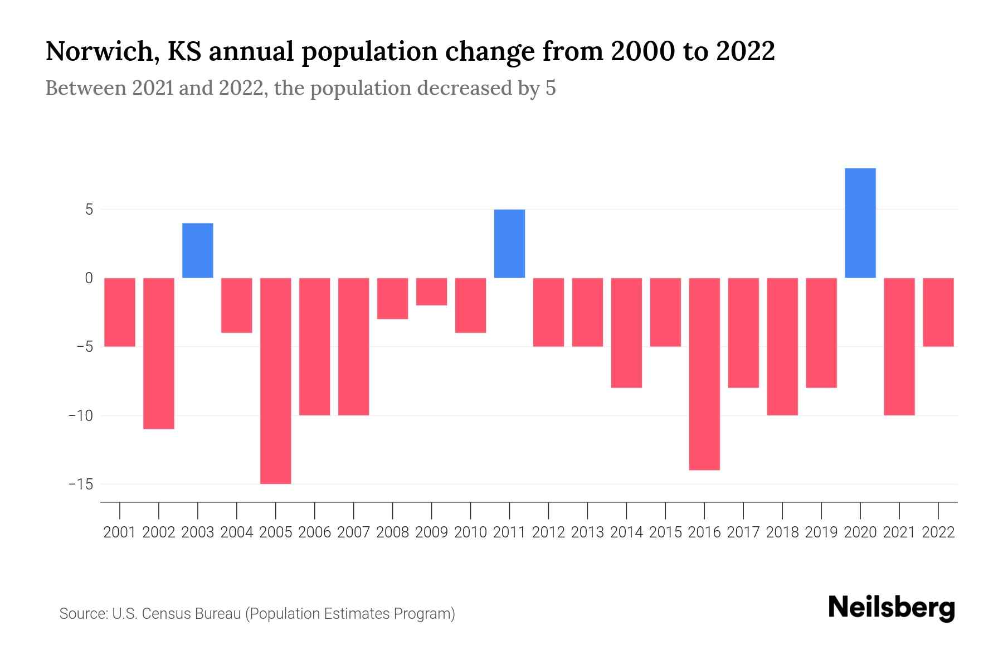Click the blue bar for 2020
(x=860, y=223)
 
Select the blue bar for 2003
(x=198, y=250)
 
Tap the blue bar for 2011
(x=509, y=244)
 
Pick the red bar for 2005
(x=276, y=381)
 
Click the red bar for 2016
(x=704, y=374)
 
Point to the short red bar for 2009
(x=432, y=292)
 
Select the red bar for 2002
(x=159, y=353)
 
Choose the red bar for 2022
(x=938, y=312)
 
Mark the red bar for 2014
(x=626, y=332)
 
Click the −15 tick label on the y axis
(x=81, y=484)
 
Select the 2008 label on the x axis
(x=393, y=532)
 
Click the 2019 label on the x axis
(x=821, y=532)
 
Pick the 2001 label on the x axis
(x=120, y=532)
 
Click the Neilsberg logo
(x=892, y=608)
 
